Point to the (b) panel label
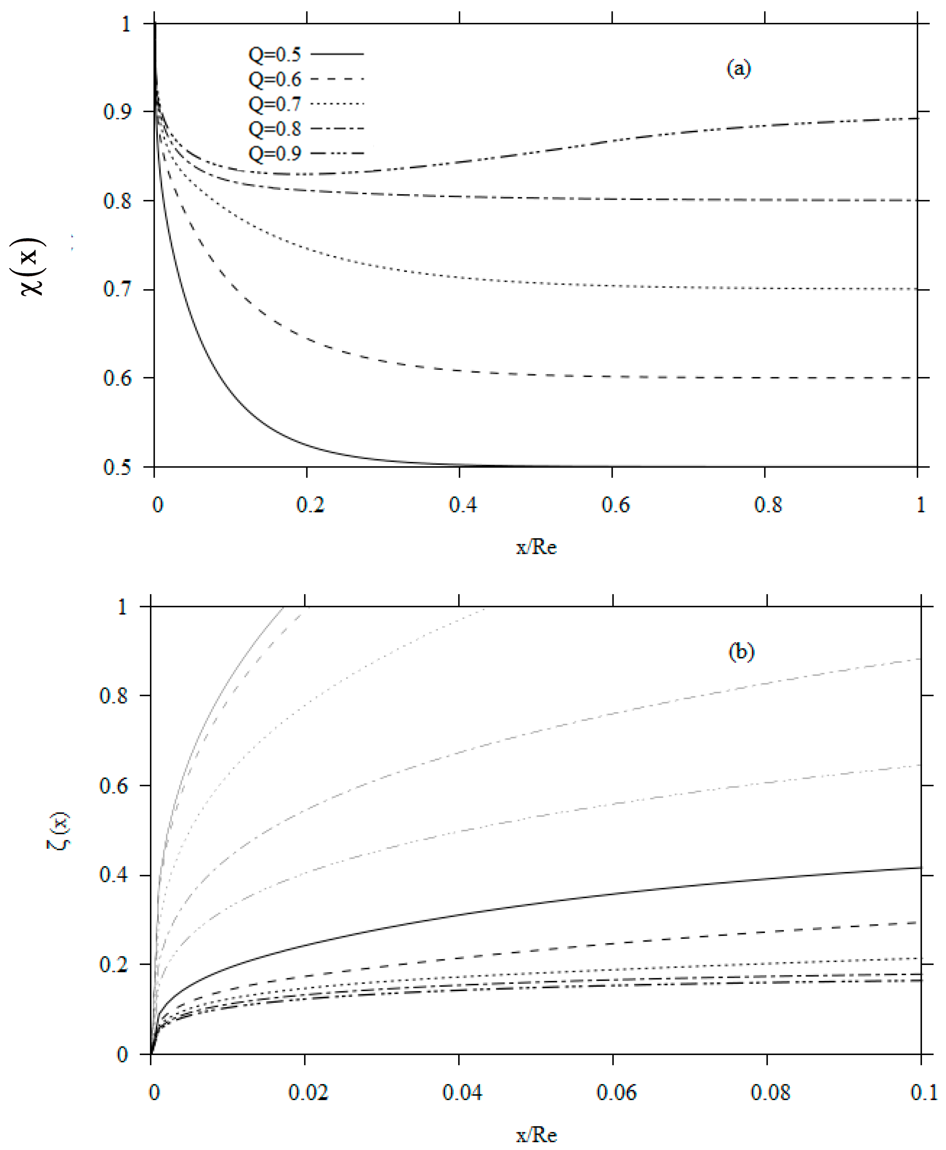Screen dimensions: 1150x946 [741, 652]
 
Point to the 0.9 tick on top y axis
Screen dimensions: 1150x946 [117, 112]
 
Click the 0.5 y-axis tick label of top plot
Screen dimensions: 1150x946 [117, 467]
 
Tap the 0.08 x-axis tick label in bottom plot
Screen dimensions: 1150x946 [770, 1092]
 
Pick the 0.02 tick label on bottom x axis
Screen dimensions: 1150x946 [308, 1092]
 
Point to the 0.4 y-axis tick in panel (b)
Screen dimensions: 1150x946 [113, 875]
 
